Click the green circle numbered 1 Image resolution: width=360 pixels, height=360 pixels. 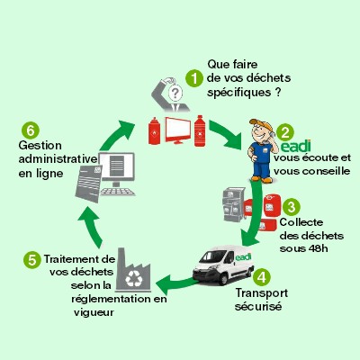click(194, 78)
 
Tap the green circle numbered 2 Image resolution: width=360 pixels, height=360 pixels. click(285, 132)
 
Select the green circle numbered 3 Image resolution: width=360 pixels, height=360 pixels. click(291, 206)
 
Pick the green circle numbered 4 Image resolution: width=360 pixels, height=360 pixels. click(262, 276)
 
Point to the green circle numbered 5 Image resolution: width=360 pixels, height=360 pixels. click(32, 260)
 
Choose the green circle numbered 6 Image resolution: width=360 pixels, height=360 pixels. click(31, 130)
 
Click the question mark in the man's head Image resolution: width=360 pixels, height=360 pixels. click(175, 92)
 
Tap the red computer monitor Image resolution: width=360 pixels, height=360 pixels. click(178, 130)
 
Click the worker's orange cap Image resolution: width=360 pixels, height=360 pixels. click(259, 123)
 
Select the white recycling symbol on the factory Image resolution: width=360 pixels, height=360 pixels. click(134, 278)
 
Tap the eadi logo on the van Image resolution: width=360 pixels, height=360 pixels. click(243, 257)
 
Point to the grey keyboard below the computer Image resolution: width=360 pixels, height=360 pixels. click(117, 192)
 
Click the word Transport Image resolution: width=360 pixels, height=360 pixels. click(261, 293)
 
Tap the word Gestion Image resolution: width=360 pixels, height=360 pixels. click(40, 146)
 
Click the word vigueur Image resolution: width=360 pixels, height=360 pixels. click(94, 313)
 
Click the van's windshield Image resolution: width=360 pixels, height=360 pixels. click(213, 256)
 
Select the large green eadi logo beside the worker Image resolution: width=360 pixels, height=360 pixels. click(296, 146)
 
